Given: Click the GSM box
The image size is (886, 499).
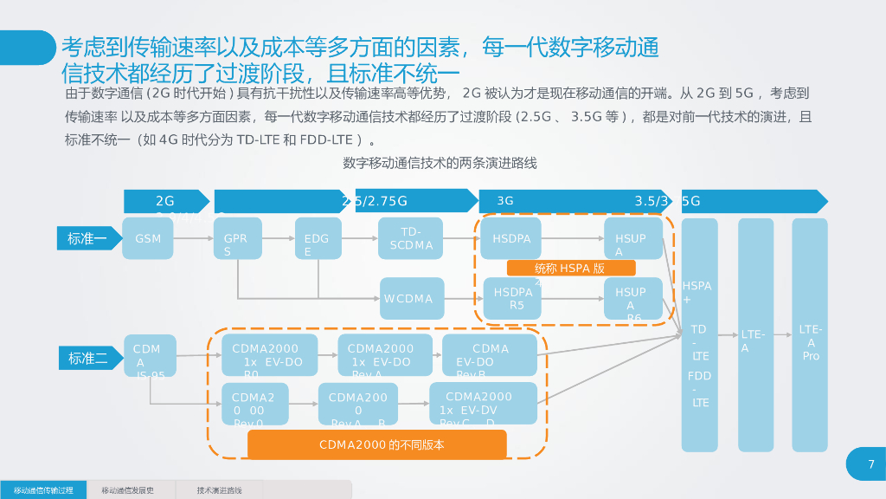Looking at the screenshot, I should [x=148, y=238].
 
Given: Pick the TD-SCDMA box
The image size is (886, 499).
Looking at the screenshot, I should [x=411, y=238].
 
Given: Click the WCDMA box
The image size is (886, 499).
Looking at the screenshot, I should [x=412, y=298].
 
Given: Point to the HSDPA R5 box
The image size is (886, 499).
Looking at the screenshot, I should [x=516, y=298].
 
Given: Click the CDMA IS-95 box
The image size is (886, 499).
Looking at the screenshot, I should [x=150, y=355].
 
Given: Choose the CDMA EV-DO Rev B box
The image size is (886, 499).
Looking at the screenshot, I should [x=490, y=355].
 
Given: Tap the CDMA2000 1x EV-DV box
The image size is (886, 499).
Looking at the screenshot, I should [x=483, y=403].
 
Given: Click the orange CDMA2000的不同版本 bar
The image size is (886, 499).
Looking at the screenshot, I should [x=376, y=444].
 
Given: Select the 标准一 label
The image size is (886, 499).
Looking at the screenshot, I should [x=87, y=238].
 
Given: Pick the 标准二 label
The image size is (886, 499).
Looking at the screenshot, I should [x=88, y=358].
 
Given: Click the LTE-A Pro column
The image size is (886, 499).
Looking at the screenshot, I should [x=810, y=334].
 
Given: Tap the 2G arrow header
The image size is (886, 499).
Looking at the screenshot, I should [x=166, y=201].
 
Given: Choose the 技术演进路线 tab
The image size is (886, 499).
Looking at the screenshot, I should [x=219, y=490].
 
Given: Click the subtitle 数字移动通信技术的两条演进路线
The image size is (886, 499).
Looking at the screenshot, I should [x=440, y=163].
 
